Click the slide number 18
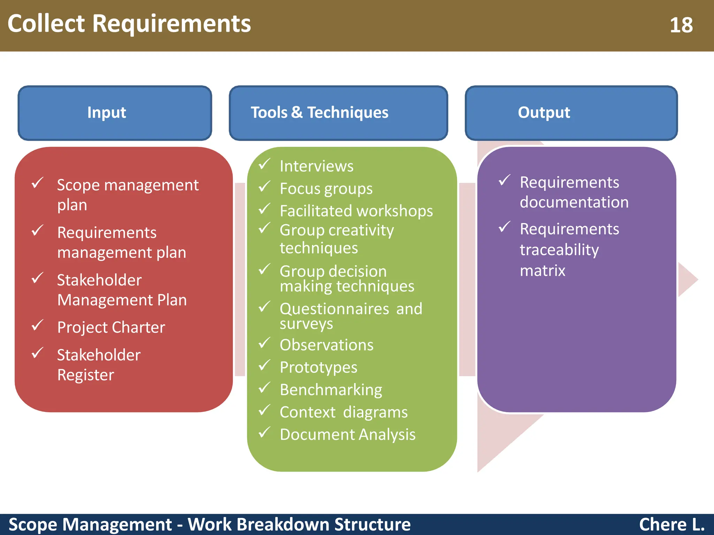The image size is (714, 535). (681, 25)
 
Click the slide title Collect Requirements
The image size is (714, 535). (129, 24)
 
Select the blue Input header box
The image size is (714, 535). (115, 113)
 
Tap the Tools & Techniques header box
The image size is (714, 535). (338, 113)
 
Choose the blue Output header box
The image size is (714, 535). (571, 113)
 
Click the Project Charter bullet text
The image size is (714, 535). (111, 327)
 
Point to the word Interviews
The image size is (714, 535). (316, 166)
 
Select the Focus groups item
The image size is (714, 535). (326, 189)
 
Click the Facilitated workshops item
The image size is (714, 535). (356, 211)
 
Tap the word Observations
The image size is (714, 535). (326, 345)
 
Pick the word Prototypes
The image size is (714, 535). (318, 367)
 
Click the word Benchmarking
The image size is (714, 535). (331, 390)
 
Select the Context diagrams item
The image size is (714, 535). (343, 412)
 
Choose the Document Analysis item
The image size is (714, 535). (347, 435)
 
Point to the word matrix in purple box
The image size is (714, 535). (542, 271)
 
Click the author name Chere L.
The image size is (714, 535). (671, 525)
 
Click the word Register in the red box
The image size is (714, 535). (85, 375)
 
